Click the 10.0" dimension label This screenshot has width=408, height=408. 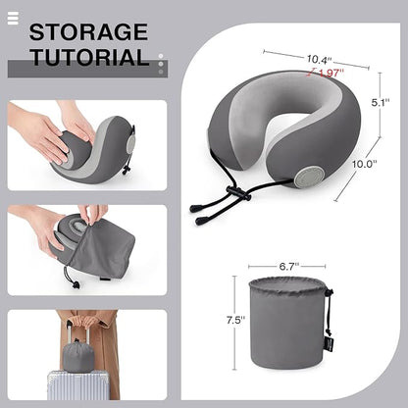(364, 165)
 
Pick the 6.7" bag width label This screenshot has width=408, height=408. (286, 264)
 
